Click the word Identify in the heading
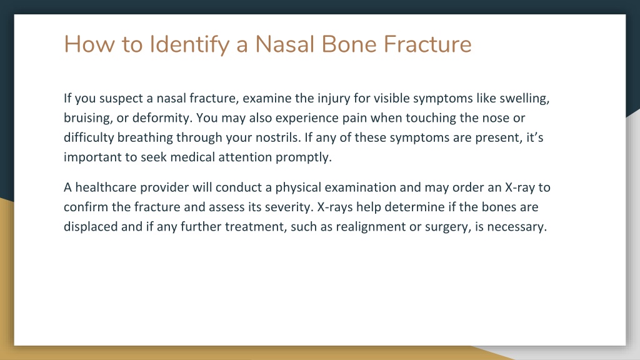pyautogui.click(x=189, y=45)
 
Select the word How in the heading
pyautogui.click(x=89, y=44)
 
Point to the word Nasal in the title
pyautogui.click(x=284, y=44)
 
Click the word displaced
pyautogui.click(x=91, y=226)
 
